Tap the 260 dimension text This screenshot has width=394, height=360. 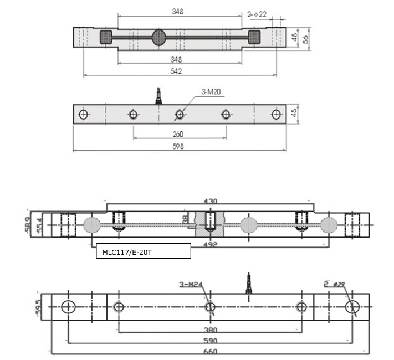(x=178, y=134)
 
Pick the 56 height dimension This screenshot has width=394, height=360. (x=305, y=38)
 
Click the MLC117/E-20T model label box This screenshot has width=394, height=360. (x=143, y=251)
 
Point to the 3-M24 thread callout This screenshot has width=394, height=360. (x=191, y=285)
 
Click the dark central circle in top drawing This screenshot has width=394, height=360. (x=158, y=38)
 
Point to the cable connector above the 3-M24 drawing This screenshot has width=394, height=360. (x=249, y=282)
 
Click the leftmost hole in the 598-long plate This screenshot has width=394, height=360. (x=84, y=115)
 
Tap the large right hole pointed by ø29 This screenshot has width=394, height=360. (x=352, y=307)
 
